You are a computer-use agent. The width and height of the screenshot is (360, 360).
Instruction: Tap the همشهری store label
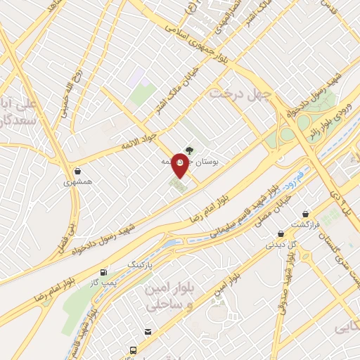[78, 182]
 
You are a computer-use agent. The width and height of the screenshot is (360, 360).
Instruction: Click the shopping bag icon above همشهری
[77, 171]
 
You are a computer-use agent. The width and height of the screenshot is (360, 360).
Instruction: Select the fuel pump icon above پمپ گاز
[105, 271]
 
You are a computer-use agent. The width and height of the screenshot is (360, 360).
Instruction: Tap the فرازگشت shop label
[307, 225]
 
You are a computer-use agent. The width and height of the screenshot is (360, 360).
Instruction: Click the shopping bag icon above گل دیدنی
[281, 234]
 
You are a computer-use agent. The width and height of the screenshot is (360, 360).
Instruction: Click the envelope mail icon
[148, 332]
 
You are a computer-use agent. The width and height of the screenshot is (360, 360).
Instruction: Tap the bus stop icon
[133, 349]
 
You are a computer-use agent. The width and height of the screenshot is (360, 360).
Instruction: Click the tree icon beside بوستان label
[190, 149]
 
